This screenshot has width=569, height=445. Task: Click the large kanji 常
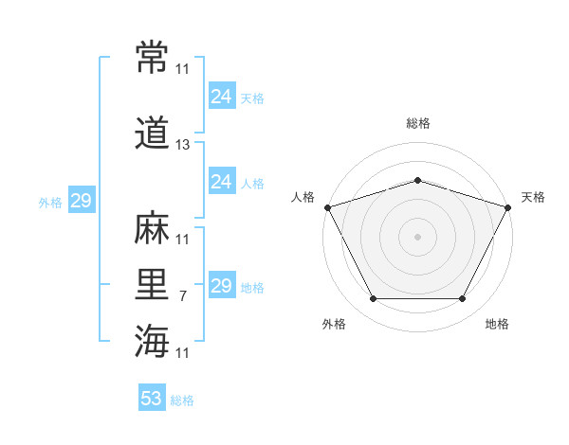(x=152, y=57)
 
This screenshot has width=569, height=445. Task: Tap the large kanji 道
(x=152, y=133)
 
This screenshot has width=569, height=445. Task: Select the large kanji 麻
(x=152, y=227)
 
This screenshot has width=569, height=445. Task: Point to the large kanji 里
(x=152, y=284)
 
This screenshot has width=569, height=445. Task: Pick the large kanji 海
(x=152, y=341)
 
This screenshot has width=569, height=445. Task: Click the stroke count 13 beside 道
(x=182, y=145)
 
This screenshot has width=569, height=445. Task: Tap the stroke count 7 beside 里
(x=183, y=296)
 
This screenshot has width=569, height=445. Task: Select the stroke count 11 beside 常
(x=182, y=69)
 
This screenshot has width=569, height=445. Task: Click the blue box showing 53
(x=152, y=397)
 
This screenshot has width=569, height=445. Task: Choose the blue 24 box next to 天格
(x=222, y=96)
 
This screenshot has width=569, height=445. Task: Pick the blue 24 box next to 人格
(x=222, y=181)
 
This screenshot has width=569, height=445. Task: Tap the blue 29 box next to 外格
(x=82, y=200)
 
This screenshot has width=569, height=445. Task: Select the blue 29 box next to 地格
(x=222, y=284)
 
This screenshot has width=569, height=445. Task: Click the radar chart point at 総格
(x=417, y=181)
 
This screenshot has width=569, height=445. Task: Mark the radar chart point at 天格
(x=507, y=207)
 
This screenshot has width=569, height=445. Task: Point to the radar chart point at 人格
(x=328, y=207)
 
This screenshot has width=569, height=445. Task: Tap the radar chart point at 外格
(x=374, y=299)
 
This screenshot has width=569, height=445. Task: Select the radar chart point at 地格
(x=462, y=299)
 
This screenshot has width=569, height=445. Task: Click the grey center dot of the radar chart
(x=417, y=238)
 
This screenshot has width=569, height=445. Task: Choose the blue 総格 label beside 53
(x=182, y=400)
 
